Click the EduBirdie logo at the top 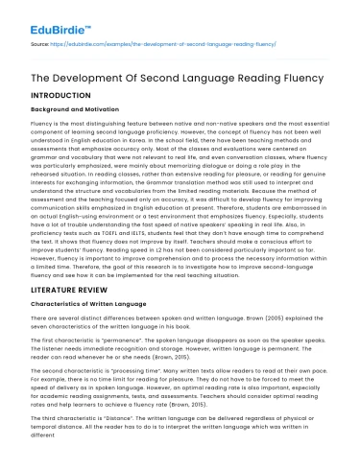pos(42,15)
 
